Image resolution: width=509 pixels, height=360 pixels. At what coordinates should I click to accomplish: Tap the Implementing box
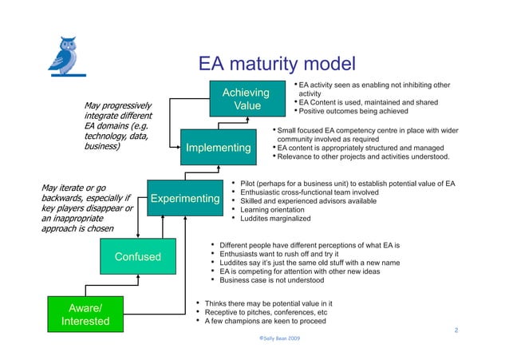point(218,148)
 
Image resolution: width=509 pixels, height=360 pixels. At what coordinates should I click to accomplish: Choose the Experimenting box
point(185,198)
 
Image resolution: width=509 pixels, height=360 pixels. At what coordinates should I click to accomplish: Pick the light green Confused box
point(138,256)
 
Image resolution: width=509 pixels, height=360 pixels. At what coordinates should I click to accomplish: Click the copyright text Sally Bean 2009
point(274,338)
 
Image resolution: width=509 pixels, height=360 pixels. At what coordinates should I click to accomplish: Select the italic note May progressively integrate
point(120,126)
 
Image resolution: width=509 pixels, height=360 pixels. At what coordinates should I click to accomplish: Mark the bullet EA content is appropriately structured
point(362,147)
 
